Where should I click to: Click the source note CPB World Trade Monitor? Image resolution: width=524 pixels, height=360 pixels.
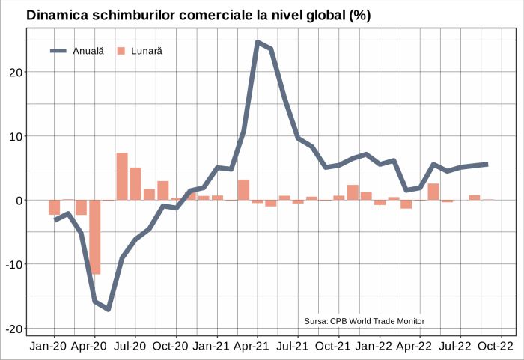click(365, 321)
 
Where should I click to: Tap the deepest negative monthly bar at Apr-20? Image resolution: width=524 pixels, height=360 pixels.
click(94, 237)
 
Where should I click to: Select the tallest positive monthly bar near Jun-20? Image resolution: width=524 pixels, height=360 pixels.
click(122, 177)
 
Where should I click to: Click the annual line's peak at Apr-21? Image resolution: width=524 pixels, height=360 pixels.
click(258, 42)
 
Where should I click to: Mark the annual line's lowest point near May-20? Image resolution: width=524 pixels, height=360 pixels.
click(109, 308)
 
